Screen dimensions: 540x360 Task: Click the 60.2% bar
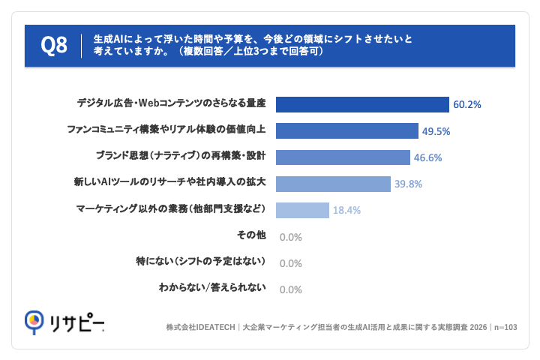click(x=362, y=104)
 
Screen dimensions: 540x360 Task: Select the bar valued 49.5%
click(x=347, y=131)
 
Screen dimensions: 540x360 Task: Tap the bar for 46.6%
click(x=343, y=157)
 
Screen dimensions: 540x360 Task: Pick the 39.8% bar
click(x=333, y=184)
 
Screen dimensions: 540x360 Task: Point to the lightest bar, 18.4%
click(x=302, y=210)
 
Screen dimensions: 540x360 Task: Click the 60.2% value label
click(x=467, y=105)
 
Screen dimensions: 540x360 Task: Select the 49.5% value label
click(x=436, y=131)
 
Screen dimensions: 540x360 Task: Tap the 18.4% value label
click(x=346, y=210)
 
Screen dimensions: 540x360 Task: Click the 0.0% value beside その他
click(x=291, y=237)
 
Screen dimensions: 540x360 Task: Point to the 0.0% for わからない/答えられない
click(x=291, y=289)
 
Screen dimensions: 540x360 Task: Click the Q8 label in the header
click(x=54, y=45)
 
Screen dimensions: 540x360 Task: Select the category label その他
click(x=251, y=235)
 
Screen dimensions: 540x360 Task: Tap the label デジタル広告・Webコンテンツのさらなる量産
click(x=172, y=103)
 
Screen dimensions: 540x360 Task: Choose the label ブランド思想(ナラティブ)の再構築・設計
click(x=181, y=156)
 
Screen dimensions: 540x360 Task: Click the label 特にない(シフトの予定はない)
click(x=201, y=261)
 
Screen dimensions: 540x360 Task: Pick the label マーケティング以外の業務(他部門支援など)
click(x=171, y=208)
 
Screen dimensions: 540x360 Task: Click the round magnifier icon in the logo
click(x=34, y=321)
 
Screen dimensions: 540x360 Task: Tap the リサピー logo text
click(x=76, y=322)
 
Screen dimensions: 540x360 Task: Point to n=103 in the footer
click(x=505, y=327)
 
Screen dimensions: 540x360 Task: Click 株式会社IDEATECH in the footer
click(x=200, y=327)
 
